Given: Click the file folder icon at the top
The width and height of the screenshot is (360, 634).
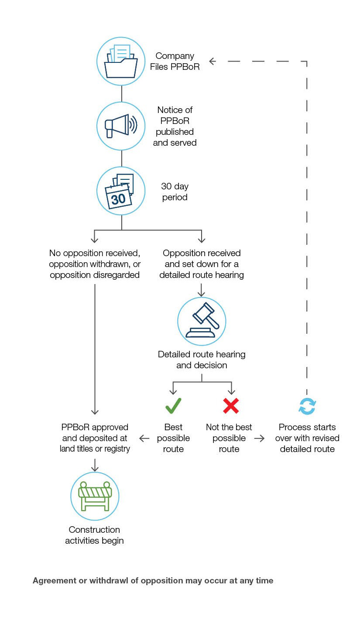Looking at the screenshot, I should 121,61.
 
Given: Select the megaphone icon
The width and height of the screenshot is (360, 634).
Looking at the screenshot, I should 121,126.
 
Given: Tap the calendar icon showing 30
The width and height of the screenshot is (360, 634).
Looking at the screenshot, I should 121,191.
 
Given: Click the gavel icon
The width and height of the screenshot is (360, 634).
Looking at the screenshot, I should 202,321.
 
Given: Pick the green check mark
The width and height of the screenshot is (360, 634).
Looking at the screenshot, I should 173,406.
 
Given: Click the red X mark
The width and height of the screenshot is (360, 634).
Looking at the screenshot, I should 230,406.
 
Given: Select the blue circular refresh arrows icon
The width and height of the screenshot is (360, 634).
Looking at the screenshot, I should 307,406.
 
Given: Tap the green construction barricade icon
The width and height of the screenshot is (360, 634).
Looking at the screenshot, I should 95,496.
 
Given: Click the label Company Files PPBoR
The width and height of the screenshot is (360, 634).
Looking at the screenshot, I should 175,62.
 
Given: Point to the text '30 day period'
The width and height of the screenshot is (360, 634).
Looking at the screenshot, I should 175,192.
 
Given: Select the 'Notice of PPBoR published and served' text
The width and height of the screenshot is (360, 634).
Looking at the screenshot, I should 175,126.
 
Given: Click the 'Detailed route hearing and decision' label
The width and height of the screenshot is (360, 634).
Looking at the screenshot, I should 202,360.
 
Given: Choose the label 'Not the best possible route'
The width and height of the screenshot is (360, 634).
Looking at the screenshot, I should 229,438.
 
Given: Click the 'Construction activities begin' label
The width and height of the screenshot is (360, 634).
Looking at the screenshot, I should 95,535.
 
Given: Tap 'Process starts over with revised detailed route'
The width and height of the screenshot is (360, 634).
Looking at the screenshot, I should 307,438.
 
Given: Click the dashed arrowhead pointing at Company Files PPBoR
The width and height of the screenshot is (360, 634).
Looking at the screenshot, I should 213,62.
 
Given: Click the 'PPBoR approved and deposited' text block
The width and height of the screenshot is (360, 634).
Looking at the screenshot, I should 95,438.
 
